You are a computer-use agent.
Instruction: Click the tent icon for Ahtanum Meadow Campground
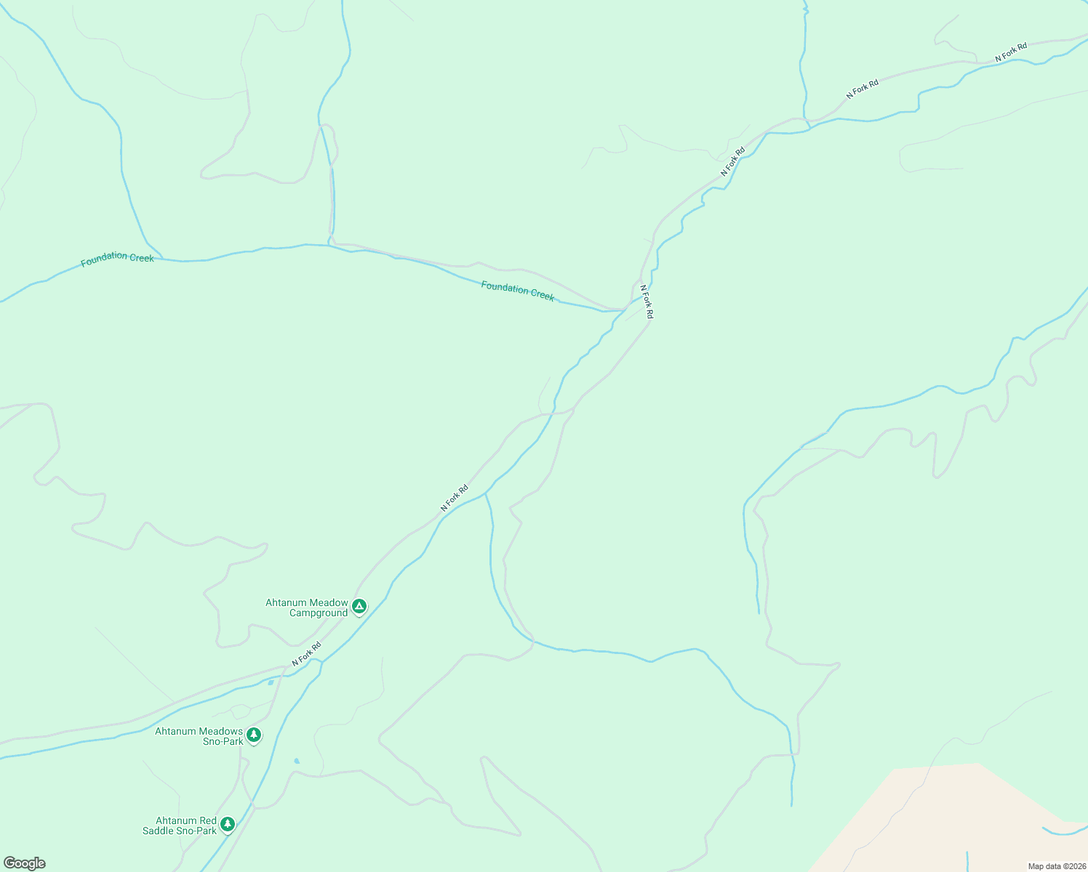[359, 606]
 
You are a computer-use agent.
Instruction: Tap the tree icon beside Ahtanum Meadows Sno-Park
[253, 735]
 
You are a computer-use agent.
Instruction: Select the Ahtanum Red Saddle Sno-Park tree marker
[228, 824]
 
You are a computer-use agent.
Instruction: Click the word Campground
[319, 613]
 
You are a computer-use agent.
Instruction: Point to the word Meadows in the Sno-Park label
[220, 731]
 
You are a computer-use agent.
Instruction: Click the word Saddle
[159, 831]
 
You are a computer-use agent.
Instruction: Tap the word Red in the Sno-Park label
[207, 820]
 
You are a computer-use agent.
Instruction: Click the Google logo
[25, 863]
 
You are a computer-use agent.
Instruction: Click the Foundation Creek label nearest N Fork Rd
[517, 291]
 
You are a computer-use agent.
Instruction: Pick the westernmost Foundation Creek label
[117, 259]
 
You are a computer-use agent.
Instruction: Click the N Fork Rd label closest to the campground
[306, 654]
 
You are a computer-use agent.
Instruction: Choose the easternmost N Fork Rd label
[1011, 52]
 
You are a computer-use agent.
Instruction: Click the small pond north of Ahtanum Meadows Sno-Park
[271, 682]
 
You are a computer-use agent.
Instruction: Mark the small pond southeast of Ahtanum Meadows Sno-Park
[296, 761]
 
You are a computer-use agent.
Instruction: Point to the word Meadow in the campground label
[327, 602]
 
